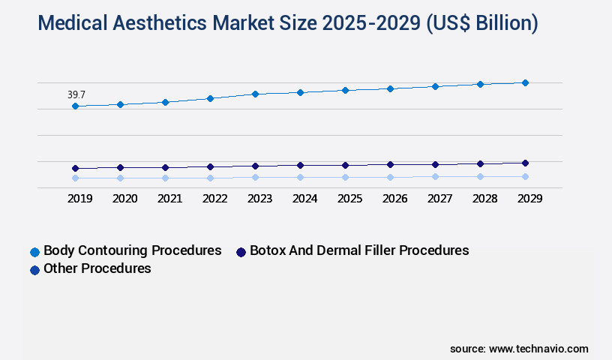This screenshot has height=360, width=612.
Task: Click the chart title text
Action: point(288,23)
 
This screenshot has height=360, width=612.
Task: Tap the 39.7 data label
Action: point(76,95)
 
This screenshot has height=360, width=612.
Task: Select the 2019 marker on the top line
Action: point(75,106)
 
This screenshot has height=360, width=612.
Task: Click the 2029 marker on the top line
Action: point(525,82)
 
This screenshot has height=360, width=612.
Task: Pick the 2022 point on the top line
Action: point(210,98)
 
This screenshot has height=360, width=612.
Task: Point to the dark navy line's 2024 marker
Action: point(300,165)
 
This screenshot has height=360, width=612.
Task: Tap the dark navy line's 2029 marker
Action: point(525,163)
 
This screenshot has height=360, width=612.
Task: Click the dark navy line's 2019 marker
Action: point(75,168)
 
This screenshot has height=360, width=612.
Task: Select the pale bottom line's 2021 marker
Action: point(165,178)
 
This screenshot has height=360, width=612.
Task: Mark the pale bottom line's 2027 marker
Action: point(435,176)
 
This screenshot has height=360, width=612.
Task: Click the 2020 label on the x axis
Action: point(124,199)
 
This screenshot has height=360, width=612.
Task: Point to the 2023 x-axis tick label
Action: point(259,199)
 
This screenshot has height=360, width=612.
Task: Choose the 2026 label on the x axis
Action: point(394,199)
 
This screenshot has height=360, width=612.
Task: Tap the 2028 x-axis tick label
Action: point(484,199)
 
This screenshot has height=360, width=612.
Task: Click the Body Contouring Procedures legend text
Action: point(133,250)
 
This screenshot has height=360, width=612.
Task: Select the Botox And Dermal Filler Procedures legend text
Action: point(359,250)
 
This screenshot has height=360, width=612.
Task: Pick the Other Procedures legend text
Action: point(97,268)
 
